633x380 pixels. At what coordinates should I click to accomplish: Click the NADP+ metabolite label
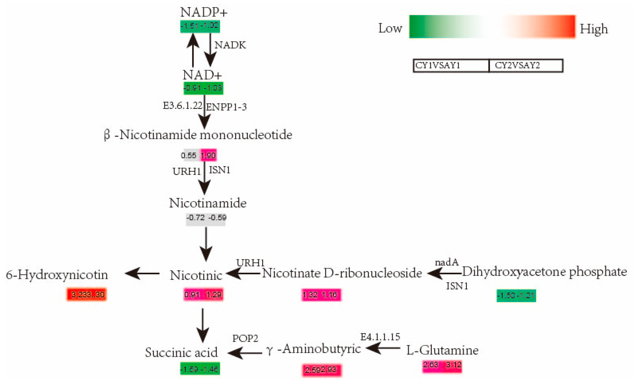click(204, 12)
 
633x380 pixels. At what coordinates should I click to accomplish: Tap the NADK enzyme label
click(230, 45)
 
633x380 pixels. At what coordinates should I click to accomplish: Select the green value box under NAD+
click(203, 88)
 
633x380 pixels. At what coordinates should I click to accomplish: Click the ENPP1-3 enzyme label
click(226, 107)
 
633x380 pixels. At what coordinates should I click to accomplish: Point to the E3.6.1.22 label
click(182, 106)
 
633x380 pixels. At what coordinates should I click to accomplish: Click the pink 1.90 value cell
click(208, 155)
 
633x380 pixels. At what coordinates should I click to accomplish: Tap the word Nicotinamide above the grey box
click(208, 203)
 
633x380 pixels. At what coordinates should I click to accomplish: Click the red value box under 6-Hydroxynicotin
click(87, 294)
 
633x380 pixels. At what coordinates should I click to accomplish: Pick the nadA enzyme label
click(447, 262)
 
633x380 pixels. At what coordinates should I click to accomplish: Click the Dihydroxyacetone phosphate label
click(544, 272)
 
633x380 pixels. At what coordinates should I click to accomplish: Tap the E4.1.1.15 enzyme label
click(380, 337)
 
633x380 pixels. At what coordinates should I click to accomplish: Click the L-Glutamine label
click(442, 350)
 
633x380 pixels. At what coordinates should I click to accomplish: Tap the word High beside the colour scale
click(594, 29)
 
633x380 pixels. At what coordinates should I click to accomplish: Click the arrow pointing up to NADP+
click(193, 50)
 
